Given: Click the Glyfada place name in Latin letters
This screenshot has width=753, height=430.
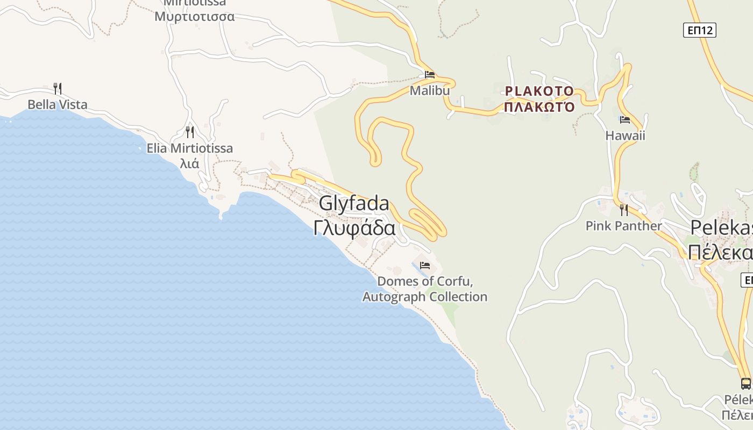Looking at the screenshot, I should click(354, 204).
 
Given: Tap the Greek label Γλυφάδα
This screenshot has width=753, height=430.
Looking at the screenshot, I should click(354, 228).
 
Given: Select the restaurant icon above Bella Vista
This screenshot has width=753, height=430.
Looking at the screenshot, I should click(58, 89).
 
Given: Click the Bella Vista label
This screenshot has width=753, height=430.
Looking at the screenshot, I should click(58, 105).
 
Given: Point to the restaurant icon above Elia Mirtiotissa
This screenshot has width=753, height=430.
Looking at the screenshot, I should click(189, 132).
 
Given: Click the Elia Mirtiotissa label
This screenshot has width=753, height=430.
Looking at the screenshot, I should click(190, 148).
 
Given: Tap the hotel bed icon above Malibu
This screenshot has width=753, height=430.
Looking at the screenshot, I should click(429, 75).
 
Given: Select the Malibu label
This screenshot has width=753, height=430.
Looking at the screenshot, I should click(429, 91).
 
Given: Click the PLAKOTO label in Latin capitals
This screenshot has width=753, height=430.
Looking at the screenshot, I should click(539, 91).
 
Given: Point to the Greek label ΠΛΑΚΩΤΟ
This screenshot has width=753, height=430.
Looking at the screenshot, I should click(539, 106).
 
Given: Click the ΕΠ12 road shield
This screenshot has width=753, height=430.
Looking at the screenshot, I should click(700, 30).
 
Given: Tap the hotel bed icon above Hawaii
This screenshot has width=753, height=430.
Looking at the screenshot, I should click(624, 120).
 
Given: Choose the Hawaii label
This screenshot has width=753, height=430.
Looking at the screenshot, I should click(625, 135).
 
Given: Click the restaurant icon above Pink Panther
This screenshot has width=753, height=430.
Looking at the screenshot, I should click(623, 209).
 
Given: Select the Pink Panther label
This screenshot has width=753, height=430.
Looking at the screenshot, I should click(623, 226).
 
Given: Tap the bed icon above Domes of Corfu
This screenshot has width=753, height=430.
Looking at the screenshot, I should click(425, 266).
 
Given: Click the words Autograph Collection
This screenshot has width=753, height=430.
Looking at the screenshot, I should click(425, 297).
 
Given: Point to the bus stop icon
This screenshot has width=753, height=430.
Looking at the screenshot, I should click(745, 383).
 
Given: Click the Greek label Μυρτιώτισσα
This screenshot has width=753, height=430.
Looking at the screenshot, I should click(194, 17).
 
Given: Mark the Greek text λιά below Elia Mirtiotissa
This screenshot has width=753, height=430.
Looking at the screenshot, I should click(189, 163).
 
